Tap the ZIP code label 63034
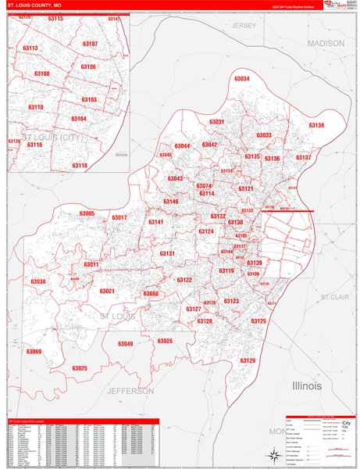click(242, 79)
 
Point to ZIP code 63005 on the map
click(86, 213)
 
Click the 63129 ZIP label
click(247, 360)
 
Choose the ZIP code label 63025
click(80, 367)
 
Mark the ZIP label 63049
click(125, 344)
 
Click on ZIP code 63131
click(167, 253)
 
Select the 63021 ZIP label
click(107, 291)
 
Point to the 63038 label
click(38, 281)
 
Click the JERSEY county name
click(244, 26)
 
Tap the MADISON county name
click(325, 43)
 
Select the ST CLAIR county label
click(334, 297)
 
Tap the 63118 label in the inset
click(80, 166)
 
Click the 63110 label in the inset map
click(36, 106)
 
